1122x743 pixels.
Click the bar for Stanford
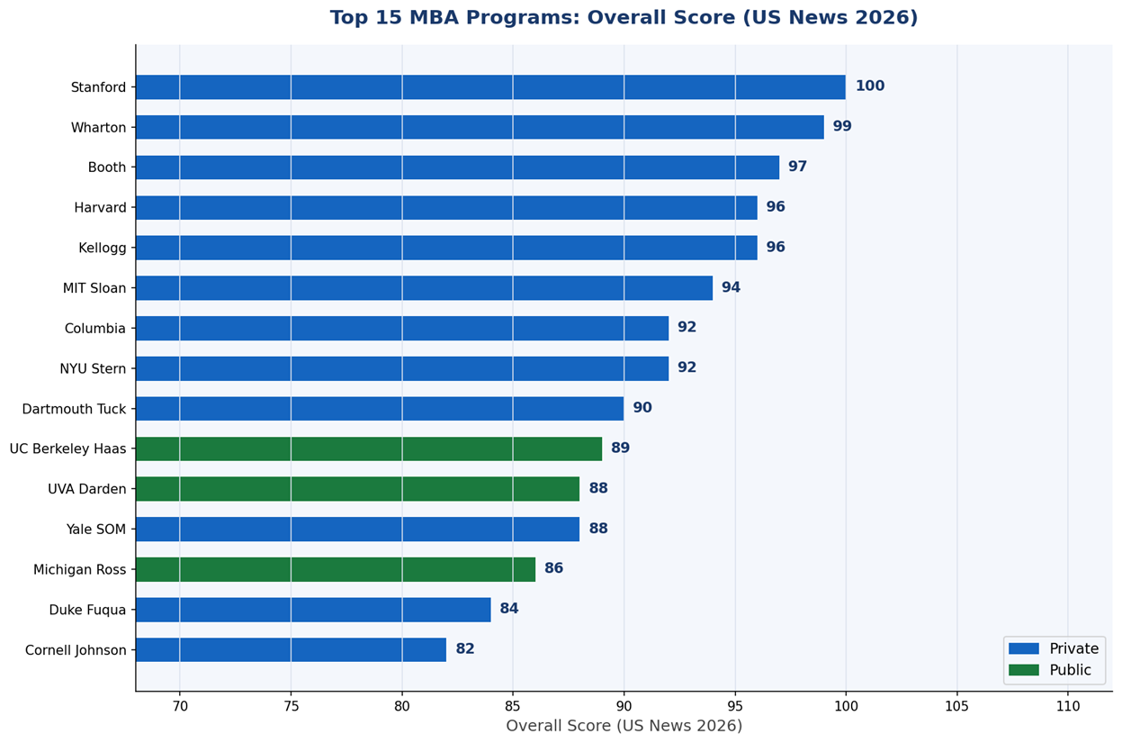(x=490, y=87)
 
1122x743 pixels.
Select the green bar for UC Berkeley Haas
(x=369, y=449)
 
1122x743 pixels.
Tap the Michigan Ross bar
(x=336, y=569)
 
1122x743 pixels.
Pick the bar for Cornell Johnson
(x=291, y=650)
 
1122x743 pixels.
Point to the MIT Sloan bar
(x=424, y=288)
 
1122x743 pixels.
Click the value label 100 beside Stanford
(x=869, y=86)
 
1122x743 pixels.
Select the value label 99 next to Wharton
(x=842, y=127)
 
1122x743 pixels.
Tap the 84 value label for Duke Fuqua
(x=509, y=609)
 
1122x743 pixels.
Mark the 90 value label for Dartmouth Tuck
(x=642, y=408)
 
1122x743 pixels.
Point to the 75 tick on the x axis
(x=291, y=707)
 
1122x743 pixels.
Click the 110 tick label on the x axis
(x=1068, y=707)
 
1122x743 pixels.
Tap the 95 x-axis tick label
(x=735, y=707)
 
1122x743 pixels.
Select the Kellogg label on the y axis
(x=103, y=249)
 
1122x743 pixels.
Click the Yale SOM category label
(x=96, y=530)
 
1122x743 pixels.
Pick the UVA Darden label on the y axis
(x=87, y=489)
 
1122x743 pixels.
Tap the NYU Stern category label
(x=93, y=368)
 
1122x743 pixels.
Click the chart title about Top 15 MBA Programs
(x=624, y=18)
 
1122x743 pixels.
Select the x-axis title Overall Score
(x=624, y=726)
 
